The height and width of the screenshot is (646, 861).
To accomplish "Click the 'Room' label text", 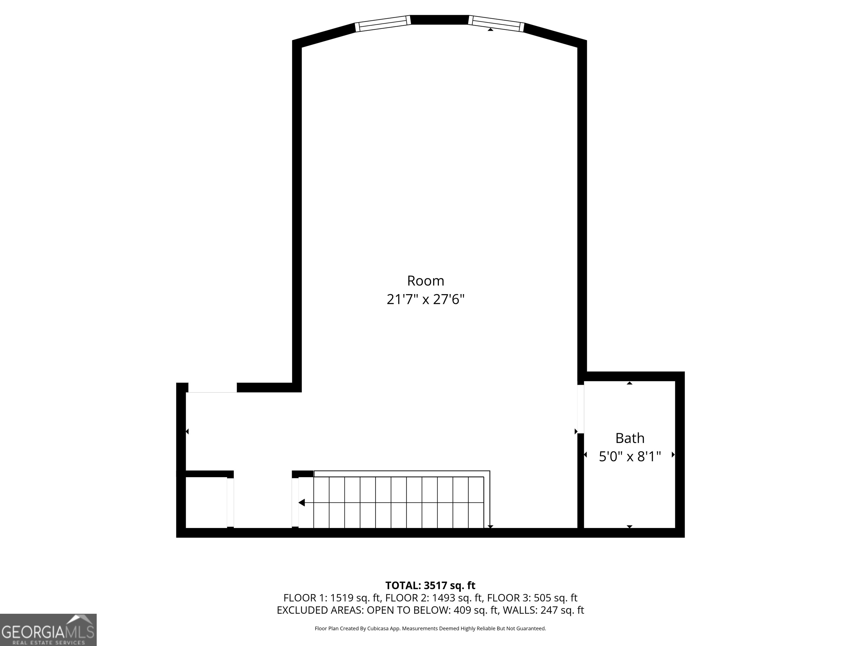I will point(425,280).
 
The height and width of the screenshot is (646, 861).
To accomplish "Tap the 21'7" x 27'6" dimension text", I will point(425,299).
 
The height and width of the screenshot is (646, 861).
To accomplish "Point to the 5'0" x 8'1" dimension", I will point(630,457).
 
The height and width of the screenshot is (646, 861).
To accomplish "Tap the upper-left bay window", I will point(383,23).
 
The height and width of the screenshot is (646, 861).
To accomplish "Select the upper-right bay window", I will point(496,23).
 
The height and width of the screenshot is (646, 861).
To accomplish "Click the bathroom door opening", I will point(580,409).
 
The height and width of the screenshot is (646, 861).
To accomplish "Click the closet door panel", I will point(230,502).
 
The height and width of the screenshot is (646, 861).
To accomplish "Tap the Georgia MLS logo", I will point(48,630).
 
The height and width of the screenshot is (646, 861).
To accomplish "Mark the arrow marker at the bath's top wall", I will point(629,383).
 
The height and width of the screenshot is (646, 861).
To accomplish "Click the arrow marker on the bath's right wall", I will point(673,454).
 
